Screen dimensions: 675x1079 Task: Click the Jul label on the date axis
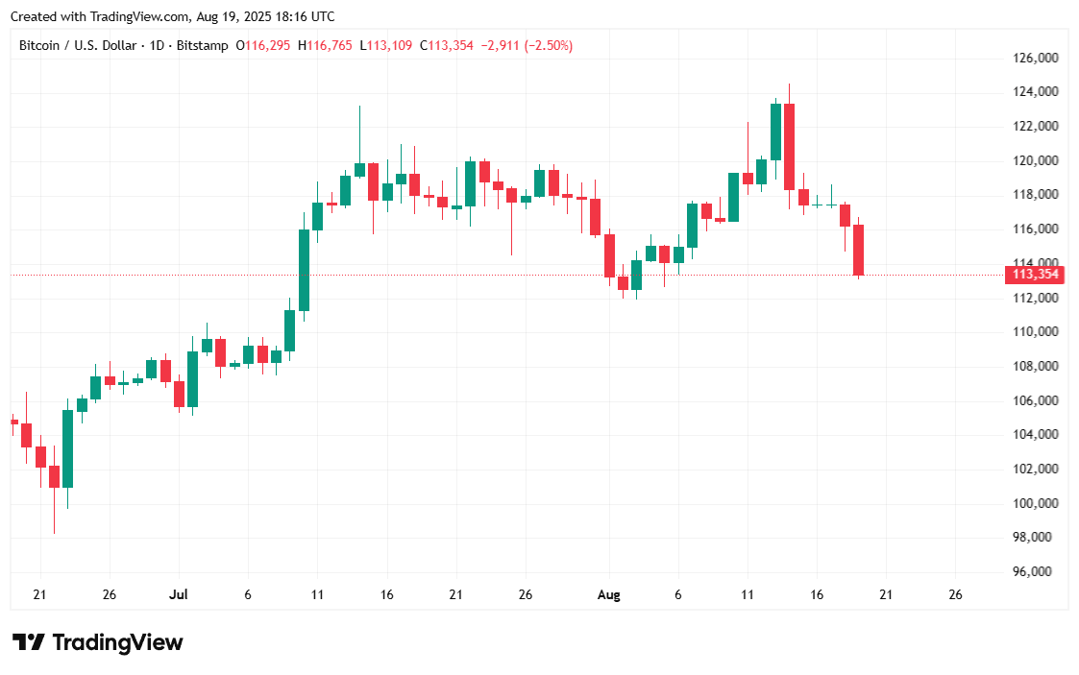point(179,595)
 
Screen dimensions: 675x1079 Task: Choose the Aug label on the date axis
point(608,595)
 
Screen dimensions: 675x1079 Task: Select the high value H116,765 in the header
point(325,45)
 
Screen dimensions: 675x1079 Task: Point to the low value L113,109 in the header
point(385,45)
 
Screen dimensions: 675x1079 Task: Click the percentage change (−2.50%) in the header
point(549,45)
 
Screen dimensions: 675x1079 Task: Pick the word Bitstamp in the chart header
point(203,45)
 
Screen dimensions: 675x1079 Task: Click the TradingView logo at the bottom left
point(97,642)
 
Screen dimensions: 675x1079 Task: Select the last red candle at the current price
point(858,250)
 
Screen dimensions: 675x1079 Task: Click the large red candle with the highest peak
point(789,146)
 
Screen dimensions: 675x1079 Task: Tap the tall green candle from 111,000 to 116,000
point(304,270)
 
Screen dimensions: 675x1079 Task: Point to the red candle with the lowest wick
point(54,476)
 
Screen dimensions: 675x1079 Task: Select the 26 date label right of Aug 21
point(955,595)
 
